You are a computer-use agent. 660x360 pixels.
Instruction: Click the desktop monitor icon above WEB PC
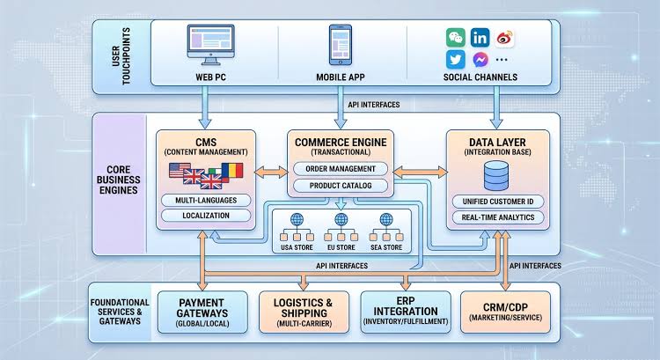click(x=210, y=45)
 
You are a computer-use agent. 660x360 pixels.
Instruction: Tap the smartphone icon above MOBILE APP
click(x=340, y=45)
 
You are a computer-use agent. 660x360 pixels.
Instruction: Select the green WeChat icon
click(x=456, y=38)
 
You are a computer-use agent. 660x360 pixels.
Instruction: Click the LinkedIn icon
click(x=480, y=38)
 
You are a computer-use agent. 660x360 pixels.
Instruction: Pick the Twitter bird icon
click(x=456, y=60)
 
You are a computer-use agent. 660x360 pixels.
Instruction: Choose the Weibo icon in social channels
click(x=504, y=38)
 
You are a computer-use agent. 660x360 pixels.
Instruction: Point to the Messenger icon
click(x=480, y=60)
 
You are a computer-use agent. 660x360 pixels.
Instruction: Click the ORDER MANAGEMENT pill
click(x=340, y=169)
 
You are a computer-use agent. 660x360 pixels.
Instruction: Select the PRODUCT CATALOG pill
click(x=340, y=186)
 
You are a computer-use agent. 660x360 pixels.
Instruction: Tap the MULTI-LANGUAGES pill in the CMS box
click(x=206, y=201)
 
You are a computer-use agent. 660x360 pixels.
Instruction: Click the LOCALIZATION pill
click(x=206, y=216)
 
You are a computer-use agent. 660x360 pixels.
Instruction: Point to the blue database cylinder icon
click(x=496, y=176)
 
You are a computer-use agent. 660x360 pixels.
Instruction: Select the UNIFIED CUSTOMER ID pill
click(x=498, y=202)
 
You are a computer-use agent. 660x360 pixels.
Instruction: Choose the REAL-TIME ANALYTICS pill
click(x=498, y=217)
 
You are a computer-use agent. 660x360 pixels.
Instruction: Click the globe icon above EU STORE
click(x=341, y=219)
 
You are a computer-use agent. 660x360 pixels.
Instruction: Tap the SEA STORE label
click(x=386, y=247)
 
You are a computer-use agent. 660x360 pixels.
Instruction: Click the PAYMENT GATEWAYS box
click(x=202, y=312)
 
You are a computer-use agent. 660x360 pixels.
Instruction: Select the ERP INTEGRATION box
click(x=406, y=312)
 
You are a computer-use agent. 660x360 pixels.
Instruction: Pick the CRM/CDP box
click(x=505, y=312)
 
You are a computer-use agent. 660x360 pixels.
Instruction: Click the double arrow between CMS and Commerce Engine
click(x=272, y=172)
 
